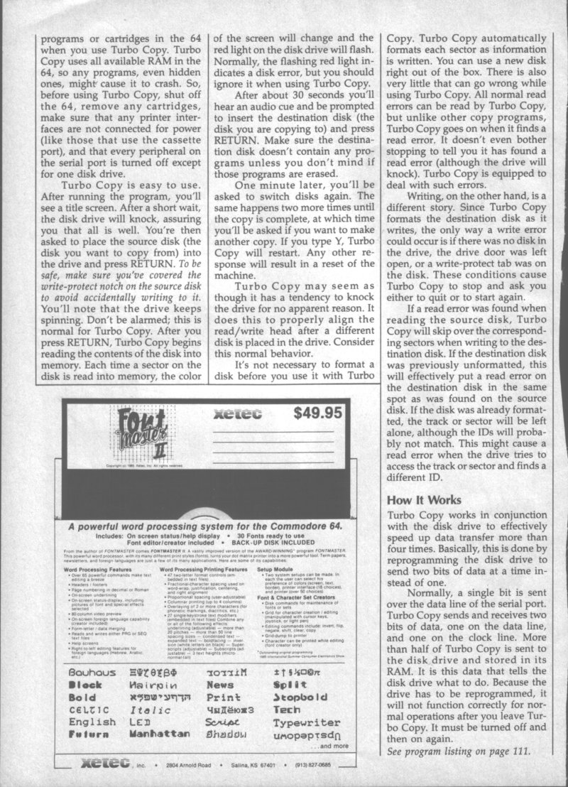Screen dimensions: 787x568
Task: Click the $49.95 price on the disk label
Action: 319,412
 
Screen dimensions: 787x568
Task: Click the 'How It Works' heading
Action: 423,500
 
